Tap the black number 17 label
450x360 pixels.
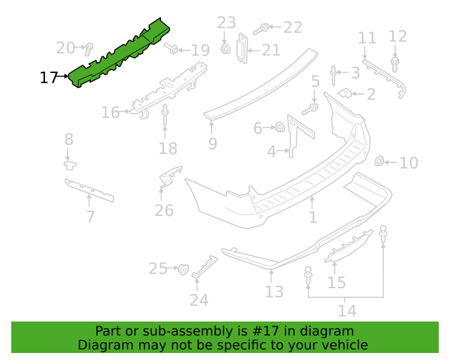point(49,77)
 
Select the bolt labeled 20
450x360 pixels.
point(89,49)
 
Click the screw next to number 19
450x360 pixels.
point(171,48)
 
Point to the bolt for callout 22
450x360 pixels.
point(261,29)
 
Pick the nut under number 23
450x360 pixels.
point(225,49)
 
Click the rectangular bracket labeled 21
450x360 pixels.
point(242,48)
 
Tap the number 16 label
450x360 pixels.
point(110,112)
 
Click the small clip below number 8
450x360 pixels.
point(70,165)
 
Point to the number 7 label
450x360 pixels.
point(91,216)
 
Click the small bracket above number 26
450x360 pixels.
point(170,176)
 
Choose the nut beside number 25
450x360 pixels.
point(183,269)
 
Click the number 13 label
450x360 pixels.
point(274,291)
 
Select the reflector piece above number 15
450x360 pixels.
point(349,246)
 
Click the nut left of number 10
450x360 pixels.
point(380,161)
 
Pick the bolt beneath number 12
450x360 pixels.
point(395,64)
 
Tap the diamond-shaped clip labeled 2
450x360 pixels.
point(345,93)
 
